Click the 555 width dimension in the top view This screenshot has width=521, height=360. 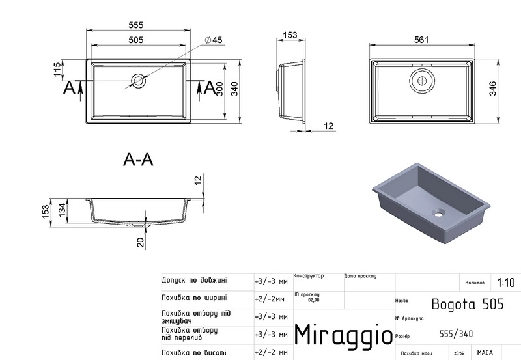pos(135,25)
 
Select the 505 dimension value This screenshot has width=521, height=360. pos(135,40)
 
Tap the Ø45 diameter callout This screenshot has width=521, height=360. pos(213,40)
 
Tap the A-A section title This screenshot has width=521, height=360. pos(137,159)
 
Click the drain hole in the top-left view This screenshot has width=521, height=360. pos(139,81)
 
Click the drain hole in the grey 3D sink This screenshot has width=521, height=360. pos(438,212)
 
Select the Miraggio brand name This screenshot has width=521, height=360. pos(343,334)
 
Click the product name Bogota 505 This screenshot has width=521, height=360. pos(458,303)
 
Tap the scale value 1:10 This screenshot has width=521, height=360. pos(505,283)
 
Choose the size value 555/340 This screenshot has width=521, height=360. pos(456,334)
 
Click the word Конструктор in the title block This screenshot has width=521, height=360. pos(309,276)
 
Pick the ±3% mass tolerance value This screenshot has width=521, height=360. pos(458,353)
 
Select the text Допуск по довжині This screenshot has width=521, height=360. pos(194,280)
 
